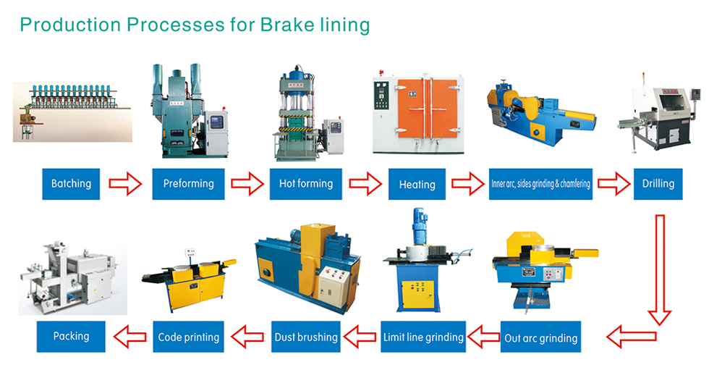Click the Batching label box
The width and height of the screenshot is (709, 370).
tap(71, 184)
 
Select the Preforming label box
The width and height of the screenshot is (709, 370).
tap(188, 184)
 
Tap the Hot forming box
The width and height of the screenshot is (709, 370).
tap(305, 184)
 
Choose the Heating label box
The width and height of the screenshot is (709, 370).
tap(417, 184)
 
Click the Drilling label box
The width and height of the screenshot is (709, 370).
tap(658, 184)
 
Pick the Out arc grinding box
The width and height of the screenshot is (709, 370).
tap(540, 337)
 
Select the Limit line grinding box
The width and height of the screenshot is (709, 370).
tap(423, 337)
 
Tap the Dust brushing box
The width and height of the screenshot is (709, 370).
tap(305, 337)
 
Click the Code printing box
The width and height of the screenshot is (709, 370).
tap(188, 337)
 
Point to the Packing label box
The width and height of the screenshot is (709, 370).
tap(71, 337)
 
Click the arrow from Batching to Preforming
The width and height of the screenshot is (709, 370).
tap(126, 184)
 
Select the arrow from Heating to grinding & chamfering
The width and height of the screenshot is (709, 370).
tap(468, 184)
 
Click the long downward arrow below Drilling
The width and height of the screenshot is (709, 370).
tap(660, 269)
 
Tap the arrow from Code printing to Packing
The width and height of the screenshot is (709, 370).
tap(130, 337)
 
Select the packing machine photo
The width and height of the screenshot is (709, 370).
tap(72, 277)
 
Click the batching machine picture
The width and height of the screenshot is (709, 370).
tap(72, 112)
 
